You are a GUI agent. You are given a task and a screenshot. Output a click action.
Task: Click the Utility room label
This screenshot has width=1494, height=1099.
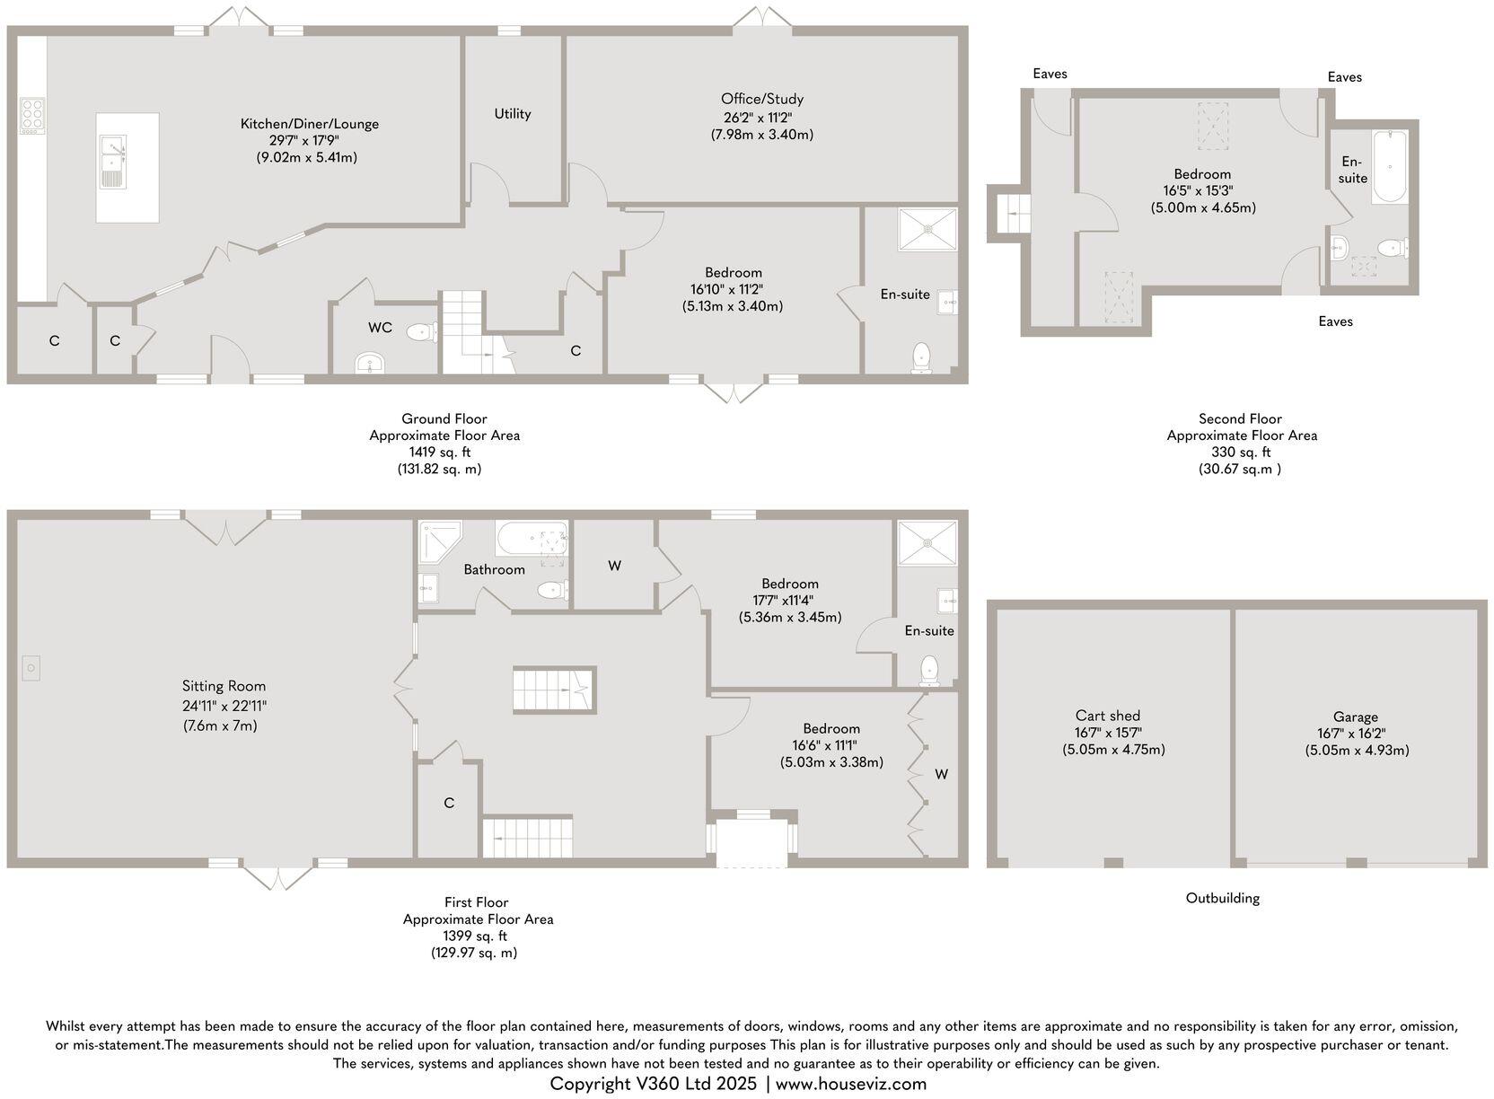click(x=512, y=113)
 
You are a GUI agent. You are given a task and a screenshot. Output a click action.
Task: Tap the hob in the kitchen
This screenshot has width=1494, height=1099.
click(x=31, y=117)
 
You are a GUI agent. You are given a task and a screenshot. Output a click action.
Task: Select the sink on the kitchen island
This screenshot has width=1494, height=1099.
click(x=112, y=162)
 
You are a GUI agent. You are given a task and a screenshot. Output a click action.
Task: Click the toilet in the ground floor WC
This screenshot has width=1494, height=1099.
click(x=420, y=333)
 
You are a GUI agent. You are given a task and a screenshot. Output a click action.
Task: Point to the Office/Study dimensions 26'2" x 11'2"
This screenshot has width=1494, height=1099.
click(x=761, y=117)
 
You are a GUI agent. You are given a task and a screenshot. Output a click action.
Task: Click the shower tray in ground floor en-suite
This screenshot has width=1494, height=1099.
click(x=927, y=229)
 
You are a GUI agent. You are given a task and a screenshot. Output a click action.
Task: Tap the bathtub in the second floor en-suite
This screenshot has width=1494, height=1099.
click(x=1390, y=167)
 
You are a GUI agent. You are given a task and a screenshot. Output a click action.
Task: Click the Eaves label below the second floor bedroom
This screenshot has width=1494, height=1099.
click(x=1335, y=321)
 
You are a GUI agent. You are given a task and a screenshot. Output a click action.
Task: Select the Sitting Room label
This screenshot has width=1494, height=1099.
click(x=224, y=686)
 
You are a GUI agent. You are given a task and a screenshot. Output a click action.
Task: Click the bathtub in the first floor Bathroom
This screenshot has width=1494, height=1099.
click(x=531, y=540)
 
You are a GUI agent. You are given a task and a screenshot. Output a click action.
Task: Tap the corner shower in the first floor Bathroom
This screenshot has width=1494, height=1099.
click(x=438, y=541)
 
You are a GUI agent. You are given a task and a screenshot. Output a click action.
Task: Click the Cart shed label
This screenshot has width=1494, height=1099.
click(x=1107, y=716)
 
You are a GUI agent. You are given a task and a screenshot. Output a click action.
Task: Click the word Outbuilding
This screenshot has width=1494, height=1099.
click(x=1222, y=898)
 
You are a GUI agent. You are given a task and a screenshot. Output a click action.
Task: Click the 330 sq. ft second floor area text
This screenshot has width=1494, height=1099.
click(x=1242, y=453)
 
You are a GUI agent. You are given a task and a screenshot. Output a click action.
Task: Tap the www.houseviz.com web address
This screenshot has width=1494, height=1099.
click(x=850, y=1084)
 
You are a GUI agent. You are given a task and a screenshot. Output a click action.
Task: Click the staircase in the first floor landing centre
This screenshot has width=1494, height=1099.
click(x=554, y=690)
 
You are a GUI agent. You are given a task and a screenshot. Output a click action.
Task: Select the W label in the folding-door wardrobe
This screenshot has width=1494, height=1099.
click(x=941, y=774)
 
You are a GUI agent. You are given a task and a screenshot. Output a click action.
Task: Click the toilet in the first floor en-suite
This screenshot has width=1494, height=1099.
click(x=929, y=670)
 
